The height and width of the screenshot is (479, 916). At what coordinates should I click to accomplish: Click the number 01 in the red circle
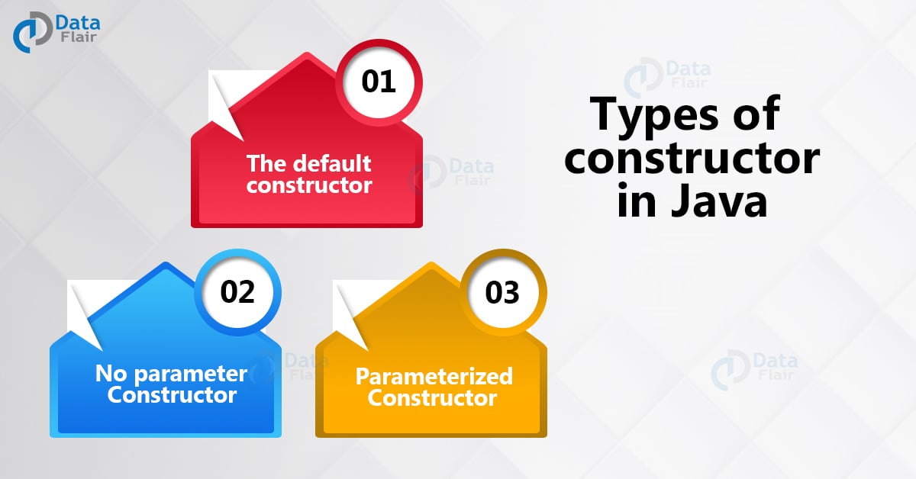pos(379,80)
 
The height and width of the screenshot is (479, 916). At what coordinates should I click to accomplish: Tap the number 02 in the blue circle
pos(237,292)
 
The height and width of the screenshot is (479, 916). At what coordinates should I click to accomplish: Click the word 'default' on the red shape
pos(334,163)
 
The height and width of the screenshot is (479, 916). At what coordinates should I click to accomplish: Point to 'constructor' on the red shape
pos(309,185)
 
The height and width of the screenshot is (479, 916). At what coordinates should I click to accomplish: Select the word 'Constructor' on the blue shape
pos(172,395)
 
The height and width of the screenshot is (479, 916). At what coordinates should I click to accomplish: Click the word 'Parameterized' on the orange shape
pos(434,376)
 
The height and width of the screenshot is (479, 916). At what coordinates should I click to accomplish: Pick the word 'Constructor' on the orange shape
pos(432,397)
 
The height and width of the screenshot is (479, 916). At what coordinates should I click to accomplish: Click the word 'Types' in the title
pos(649,117)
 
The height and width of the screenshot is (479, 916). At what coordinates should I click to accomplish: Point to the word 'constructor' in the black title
pos(692,160)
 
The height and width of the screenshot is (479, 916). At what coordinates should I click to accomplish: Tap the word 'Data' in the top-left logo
pos(78,21)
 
